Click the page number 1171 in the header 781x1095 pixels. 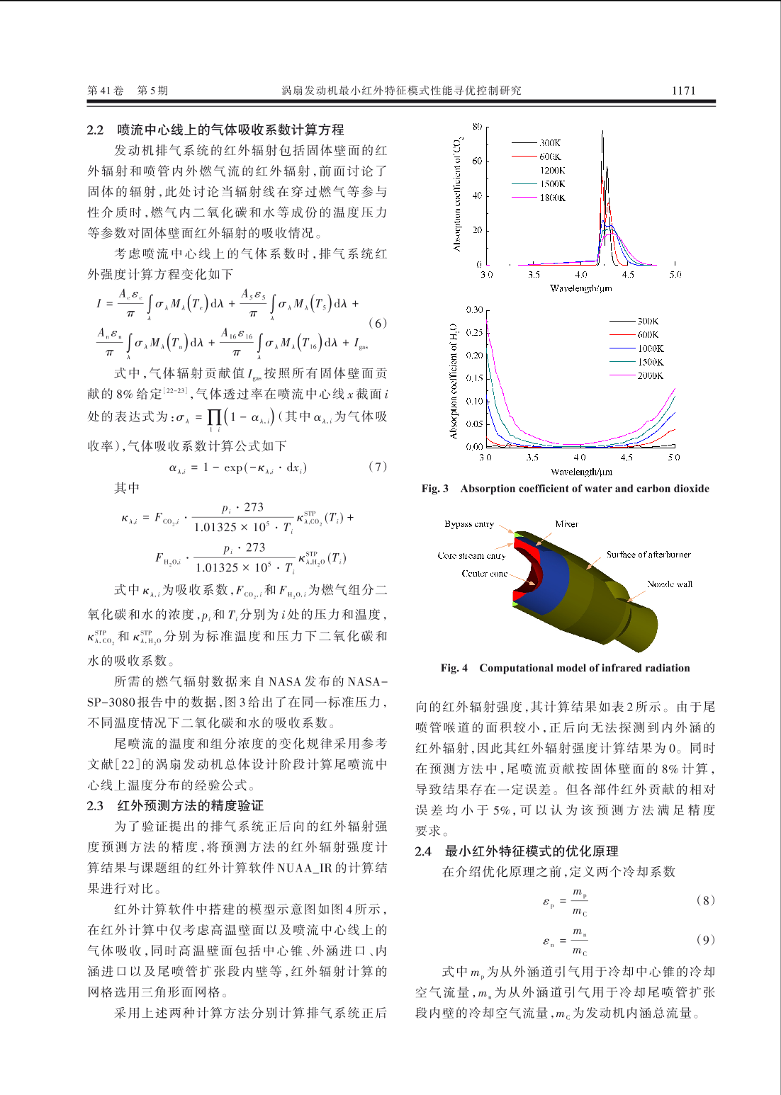click(x=683, y=91)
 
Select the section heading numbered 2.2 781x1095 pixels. click(x=215, y=130)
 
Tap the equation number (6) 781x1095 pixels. click(x=378, y=323)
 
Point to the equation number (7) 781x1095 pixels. click(x=378, y=467)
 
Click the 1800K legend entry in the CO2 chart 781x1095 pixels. click(x=552, y=198)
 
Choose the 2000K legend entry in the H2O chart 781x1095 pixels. click(x=650, y=375)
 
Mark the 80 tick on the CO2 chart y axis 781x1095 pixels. click(x=477, y=127)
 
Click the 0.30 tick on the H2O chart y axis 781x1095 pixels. click(x=474, y=310)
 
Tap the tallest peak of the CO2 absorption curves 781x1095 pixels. click(x=602, y=132)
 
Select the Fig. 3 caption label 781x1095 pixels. click(x=434, y=489)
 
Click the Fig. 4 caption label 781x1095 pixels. click(x=454, y=668)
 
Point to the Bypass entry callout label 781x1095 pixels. click(x=469, y=524)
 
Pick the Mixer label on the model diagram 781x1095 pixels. click(x=566, y=524)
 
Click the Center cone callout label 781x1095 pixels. click(x=484, y=574)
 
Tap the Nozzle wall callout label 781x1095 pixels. click(x=669, y=584)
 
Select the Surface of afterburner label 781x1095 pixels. click(x=648, y=555)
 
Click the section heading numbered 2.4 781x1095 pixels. click(x=517, y=851)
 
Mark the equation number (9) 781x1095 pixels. click(x=705, y=940)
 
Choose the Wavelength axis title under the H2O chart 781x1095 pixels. click(x=581, y=472)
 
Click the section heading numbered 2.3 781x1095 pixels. click(x=175, y=806)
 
